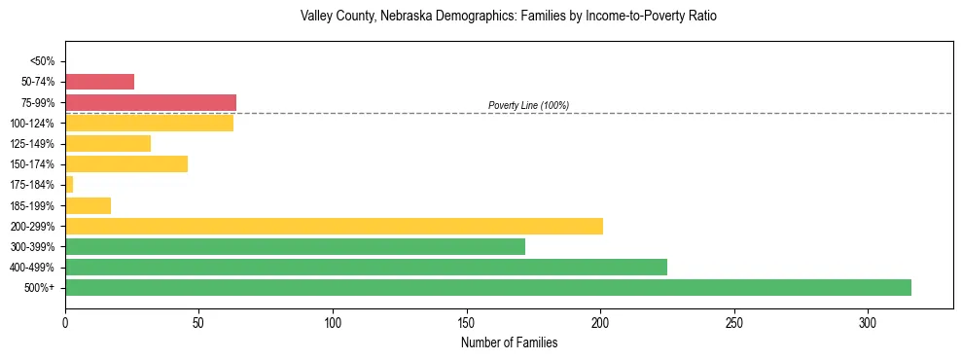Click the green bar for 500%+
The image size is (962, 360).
pos(487,287)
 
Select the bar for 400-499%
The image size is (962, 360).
pos(366,267)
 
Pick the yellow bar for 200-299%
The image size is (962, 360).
pos(334,226)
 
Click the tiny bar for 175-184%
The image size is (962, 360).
pos(69,184)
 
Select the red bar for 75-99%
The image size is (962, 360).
pos(151,102)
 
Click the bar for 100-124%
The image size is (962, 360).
pos(149,123)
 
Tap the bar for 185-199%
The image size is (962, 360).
pos(88,205)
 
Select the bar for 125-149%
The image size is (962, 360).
pos(108,143)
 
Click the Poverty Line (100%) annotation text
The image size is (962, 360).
pos(528,105)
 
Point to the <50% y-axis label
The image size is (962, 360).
pos(44,61)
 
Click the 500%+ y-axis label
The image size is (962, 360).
pos(41,288)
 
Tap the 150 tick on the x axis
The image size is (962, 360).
pos(467,322)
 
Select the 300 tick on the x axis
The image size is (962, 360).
pos(868,322)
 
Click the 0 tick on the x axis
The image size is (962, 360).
pos(65,322)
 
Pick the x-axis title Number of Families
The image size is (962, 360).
pos(509,342)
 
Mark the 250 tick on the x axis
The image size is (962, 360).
pos(734,322)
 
